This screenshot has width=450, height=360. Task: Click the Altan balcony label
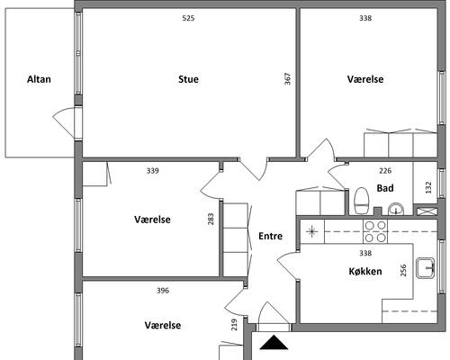pyautogui.click(x=39, y=79)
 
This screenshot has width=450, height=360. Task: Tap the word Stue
pyautogui.click(x=188, y=79)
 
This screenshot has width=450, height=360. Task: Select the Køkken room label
pyautogui.click(x=365, y=272)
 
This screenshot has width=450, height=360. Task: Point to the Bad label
pyautogui.click(x=385, y=188)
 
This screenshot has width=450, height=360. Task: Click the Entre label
pyautogui.click(x=271, y=236)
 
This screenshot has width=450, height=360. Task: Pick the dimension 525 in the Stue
pyautogui.click(x=188, y=18)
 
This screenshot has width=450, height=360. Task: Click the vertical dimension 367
pyautogui.click(x=287, y=79)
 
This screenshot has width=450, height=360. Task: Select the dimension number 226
pyautogui.click(x=385, y=171)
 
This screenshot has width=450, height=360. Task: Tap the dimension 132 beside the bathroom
pyautogui.click(x=428, y=187)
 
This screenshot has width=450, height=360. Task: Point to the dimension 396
pyautogui.click(x=163, y=291)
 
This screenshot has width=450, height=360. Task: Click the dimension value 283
pyautogui.click(x=211, y=219)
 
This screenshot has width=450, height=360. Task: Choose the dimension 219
pyautogui.click(x=234, y=325)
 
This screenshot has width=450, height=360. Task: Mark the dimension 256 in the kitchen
pyautogui.click(x=403, y=270)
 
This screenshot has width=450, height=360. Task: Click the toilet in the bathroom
pyautogui.click(x=361, y=201)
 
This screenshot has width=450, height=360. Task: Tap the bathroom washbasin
pyautogui.click(x=396, y=209)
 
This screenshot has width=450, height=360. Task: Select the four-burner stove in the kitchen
pyautogui.click(x=375, y=231)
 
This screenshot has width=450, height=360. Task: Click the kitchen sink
pyautogui.click(x=426, y=267)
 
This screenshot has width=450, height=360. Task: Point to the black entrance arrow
pyautogui.click(x=274, y=343)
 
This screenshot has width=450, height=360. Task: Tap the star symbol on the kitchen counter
pyautogui.click(x=312, y=231)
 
